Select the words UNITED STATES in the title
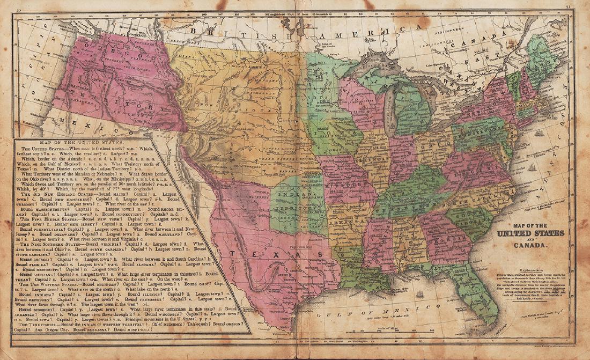(531, 233)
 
